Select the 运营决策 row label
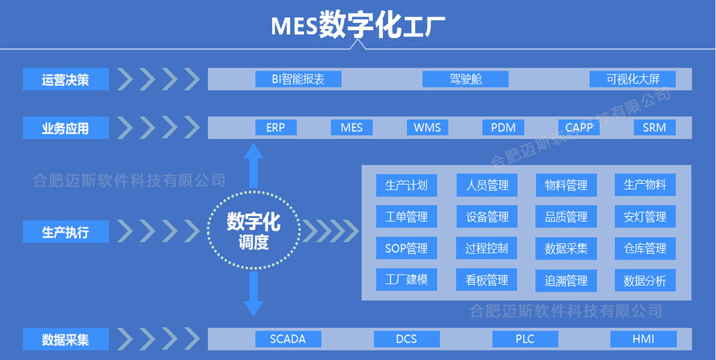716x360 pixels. [x=66, y=80]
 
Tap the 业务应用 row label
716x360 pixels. [x=66, y=128]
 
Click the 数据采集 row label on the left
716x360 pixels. [x=66, y=339]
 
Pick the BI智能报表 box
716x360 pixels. [x=298, y=79]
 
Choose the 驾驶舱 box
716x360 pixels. [x=465, y=79]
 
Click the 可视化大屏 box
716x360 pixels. [x=632, y=79]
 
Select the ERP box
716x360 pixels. [x=275, y=127]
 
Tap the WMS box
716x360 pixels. [x=427, y=127]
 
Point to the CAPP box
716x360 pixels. [x=579, y=127]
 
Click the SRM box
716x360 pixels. [x=654, y=127]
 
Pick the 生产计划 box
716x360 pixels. [x=406, y=186]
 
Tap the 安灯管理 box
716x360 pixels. [x=645, y=217]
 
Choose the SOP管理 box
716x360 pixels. [x=406, y=249]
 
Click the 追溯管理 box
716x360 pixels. [x=566, y=281]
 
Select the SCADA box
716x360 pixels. [x=288, y=339]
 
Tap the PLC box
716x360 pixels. [x=525, y=339]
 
